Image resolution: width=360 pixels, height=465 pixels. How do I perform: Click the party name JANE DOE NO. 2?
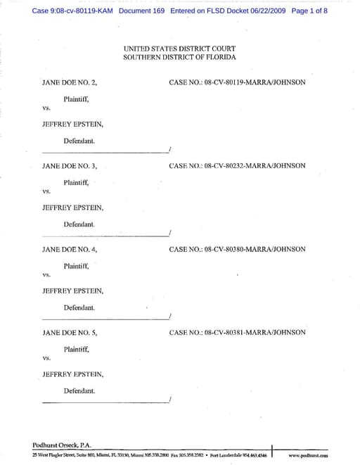click(x=70, y=82)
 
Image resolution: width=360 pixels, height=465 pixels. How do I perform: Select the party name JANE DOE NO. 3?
click(x=70, y=166)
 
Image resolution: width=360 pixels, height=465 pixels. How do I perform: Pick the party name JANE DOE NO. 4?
click(x=70, y=249)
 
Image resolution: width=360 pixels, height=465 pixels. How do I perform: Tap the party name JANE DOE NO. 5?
click(x=70, y=332)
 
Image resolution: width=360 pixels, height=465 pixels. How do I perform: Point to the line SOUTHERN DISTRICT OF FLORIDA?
click(x=179, y=56)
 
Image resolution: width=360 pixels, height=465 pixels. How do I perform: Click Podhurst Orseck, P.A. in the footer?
click(x=62, y=445)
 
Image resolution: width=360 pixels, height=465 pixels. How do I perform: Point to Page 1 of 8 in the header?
click(x=309, y=11)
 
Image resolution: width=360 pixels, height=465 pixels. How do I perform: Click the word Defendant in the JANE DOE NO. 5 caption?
click(x=79, y=390)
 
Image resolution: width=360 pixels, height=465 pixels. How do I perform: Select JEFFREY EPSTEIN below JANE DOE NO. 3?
click(x=73, y=208)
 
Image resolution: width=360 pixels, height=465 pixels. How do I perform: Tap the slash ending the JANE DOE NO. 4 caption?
click(x=170, y=317)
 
